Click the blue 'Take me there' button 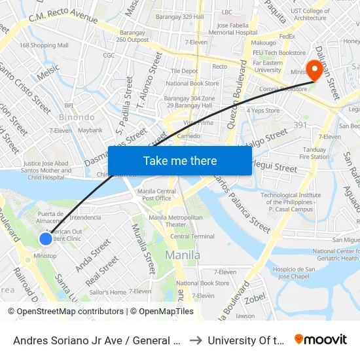tap(180, 160)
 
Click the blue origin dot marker tap(45, 239)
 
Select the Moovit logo tap(320, 340)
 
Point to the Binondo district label tap(77, 117)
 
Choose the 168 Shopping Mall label tap(44, 45)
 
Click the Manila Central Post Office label tap(156, 194)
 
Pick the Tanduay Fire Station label tap(314, 153)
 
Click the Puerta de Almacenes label tap(50, 217)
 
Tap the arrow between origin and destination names tap(196, 340)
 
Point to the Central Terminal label tap(192, 236)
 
